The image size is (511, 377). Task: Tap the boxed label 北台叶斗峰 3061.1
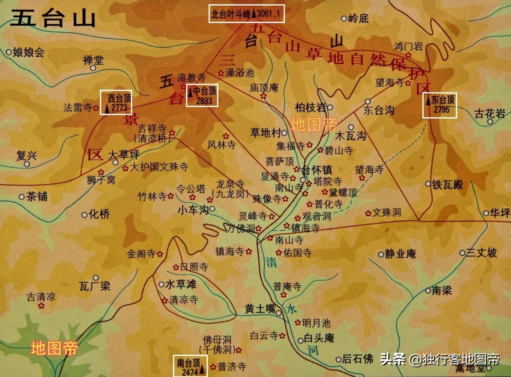coord(247,14)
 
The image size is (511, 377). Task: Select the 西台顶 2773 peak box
coord(116,102)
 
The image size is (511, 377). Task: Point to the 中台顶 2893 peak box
coord(202,95)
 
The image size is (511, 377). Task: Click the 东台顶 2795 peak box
coord(439,106)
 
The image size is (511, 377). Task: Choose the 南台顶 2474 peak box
coord(190,366)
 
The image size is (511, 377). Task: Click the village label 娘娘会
coord(28,52)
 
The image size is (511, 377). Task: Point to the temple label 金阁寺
coord(141,254)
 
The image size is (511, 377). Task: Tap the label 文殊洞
coord(387,213)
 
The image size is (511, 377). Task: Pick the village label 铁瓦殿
coord(447,185)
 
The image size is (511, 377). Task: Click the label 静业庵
coord(400,254)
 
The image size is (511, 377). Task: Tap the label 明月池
coord(316,323)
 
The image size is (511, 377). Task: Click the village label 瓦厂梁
coord(95,287)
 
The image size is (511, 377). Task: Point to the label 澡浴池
coord(240,73)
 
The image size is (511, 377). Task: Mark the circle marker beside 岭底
coord(344,18)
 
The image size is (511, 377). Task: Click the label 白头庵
coord(319,338)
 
